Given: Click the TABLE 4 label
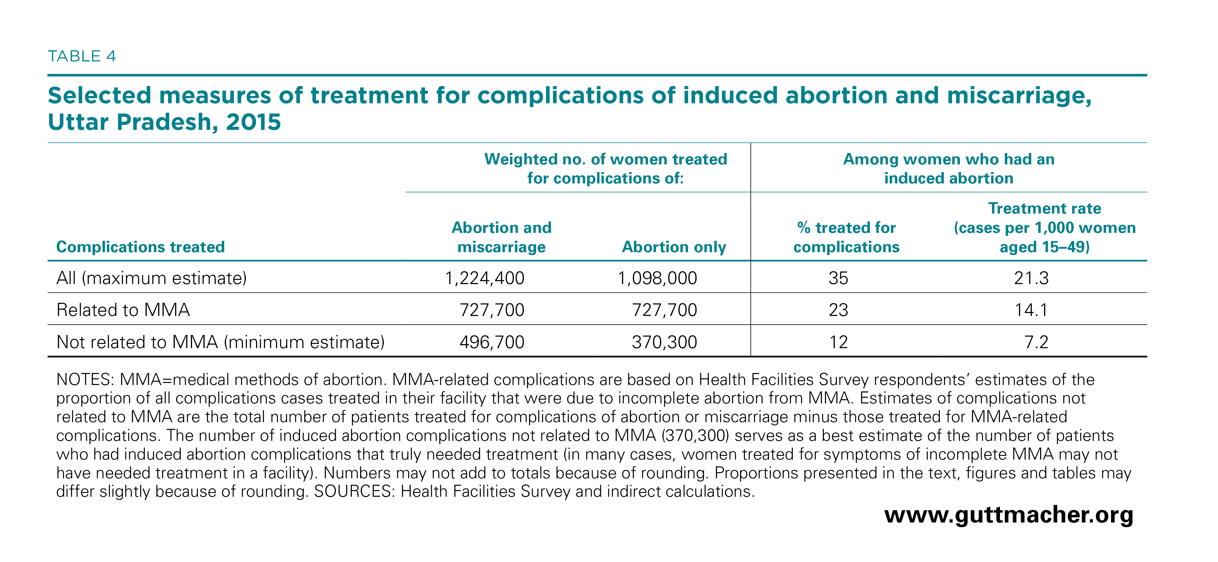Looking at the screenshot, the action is tap(82, 56).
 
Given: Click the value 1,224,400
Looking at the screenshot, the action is tap(485, 278).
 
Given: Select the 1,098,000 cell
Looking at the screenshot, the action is tap(657, 278).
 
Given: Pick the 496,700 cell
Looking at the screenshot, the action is tap(492, 342).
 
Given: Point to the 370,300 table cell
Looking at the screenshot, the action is tap(664, 342).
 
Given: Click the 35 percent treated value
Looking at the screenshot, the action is tap(838, 278).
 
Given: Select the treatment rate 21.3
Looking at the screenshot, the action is tap(1031, 278).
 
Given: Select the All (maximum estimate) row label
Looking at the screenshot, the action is tap(151, 278).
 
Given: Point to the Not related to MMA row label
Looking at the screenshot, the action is tap(220, 342).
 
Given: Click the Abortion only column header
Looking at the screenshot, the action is tap(674, 247).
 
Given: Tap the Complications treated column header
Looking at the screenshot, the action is tap(140, 247).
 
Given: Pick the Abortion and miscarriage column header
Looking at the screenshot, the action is tap(501, 237).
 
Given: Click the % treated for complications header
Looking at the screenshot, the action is tap(846, 237).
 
